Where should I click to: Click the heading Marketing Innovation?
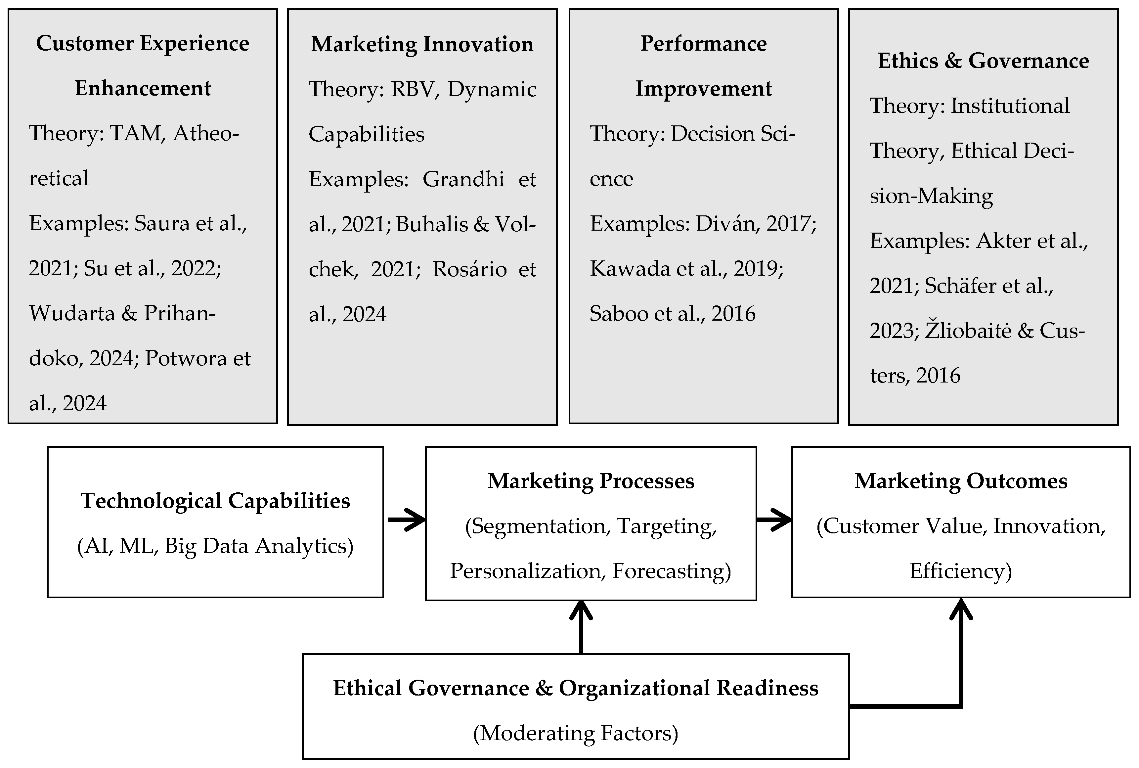point(422,44)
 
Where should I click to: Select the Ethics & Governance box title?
point(983,61)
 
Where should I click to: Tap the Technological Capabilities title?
point(215,501)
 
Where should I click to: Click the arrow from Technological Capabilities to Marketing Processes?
point(407,519)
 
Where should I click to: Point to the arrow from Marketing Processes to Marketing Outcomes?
point(774,519)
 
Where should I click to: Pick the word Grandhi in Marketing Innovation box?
point(463,179)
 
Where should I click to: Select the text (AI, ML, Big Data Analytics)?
point(215,546)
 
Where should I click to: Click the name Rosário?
point(469,269)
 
